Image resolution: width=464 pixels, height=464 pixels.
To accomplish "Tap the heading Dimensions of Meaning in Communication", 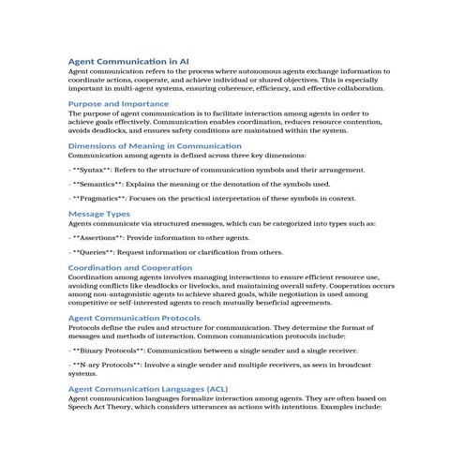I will pos(149,147).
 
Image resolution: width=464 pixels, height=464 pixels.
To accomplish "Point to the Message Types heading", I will pos(99,214).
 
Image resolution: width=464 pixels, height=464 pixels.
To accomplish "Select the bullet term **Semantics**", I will pos(102,185).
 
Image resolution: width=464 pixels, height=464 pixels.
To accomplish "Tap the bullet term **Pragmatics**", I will pos(105,199).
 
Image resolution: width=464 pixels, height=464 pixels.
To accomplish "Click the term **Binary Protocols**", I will pos(113,349).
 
